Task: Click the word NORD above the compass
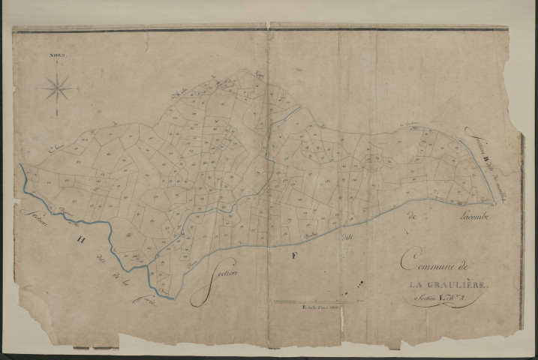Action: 58,55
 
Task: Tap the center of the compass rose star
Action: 58,89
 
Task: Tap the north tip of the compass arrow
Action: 58,61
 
